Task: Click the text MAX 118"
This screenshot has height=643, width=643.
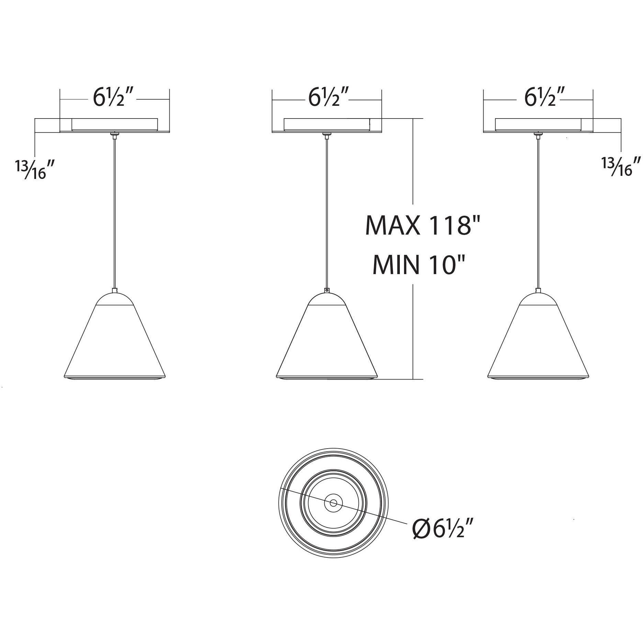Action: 422,225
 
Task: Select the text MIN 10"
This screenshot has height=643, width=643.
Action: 420,265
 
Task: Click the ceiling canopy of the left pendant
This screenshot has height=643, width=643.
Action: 115,125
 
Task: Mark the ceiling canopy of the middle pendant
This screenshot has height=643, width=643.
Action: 327,125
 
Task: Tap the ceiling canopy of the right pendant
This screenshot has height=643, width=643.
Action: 538,125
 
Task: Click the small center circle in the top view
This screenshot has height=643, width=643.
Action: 333,503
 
